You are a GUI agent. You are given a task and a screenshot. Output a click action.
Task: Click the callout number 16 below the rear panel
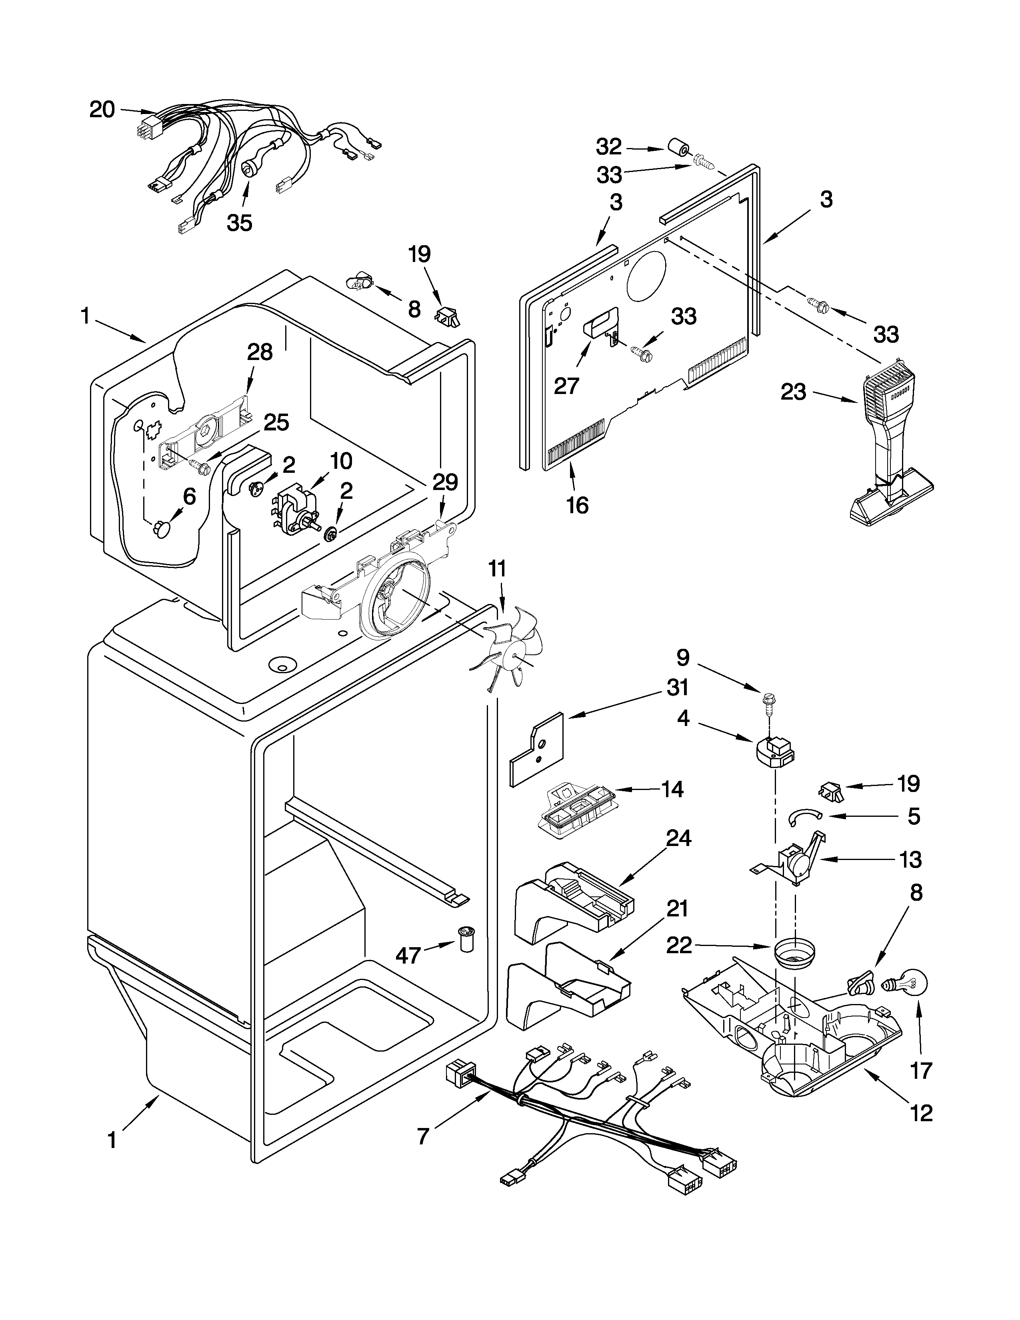(x=577, y=505)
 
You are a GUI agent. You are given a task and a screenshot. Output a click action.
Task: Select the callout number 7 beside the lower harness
(x=423, y=1136)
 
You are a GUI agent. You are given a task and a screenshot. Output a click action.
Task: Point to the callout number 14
(x=672, y=789)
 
